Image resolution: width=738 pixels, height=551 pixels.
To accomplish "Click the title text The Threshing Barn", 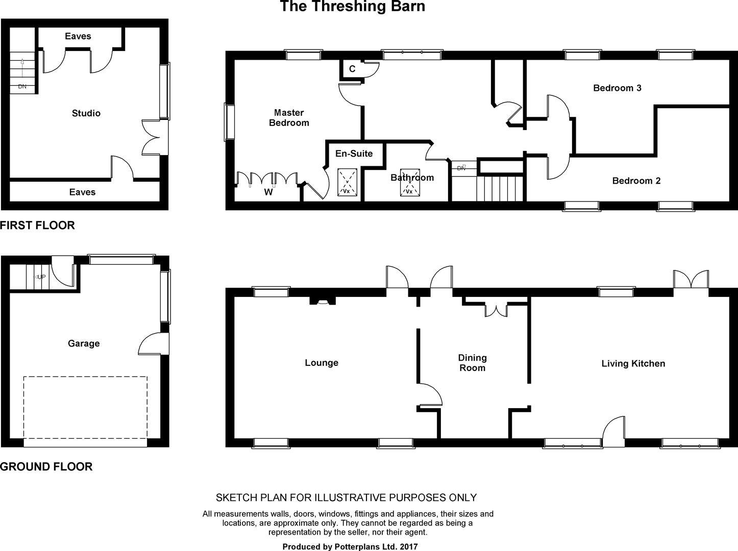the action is tap(352, 6).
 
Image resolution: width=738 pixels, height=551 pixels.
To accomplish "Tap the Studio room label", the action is tap(86, 113).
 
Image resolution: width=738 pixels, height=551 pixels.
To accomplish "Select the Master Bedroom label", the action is tap(289, 117).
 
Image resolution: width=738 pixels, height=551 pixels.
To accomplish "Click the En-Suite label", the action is tap(354, 154).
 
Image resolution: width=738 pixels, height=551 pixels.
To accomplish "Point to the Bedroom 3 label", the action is tap(618, 88).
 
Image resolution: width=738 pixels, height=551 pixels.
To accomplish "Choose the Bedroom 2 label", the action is tap(636, 181).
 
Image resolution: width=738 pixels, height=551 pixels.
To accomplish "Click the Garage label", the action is tap(84, 343).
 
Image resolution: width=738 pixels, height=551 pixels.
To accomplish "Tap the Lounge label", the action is tap(322, 363).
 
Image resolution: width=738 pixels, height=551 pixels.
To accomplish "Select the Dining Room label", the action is tap(473, 363).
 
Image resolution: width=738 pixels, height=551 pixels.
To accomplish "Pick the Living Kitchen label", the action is tap(633, 364).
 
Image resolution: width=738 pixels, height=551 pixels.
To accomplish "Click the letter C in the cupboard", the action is tap(352, 69).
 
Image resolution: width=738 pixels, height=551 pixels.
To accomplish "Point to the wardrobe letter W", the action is tap(268, 192).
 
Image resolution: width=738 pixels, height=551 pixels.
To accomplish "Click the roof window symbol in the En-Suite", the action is tap(348, 183).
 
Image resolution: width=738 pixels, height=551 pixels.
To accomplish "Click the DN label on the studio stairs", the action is tap(22, 86).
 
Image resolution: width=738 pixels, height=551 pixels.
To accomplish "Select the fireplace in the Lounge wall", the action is tap(323, 301).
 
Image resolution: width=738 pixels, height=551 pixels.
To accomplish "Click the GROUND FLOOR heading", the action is tap(46, 467).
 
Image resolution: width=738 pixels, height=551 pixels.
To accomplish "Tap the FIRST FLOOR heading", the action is tap(37, 225).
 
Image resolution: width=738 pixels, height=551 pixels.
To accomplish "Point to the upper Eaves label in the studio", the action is tap(78, 36).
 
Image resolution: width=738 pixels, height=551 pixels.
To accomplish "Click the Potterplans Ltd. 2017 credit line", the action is tap(350, 546).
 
